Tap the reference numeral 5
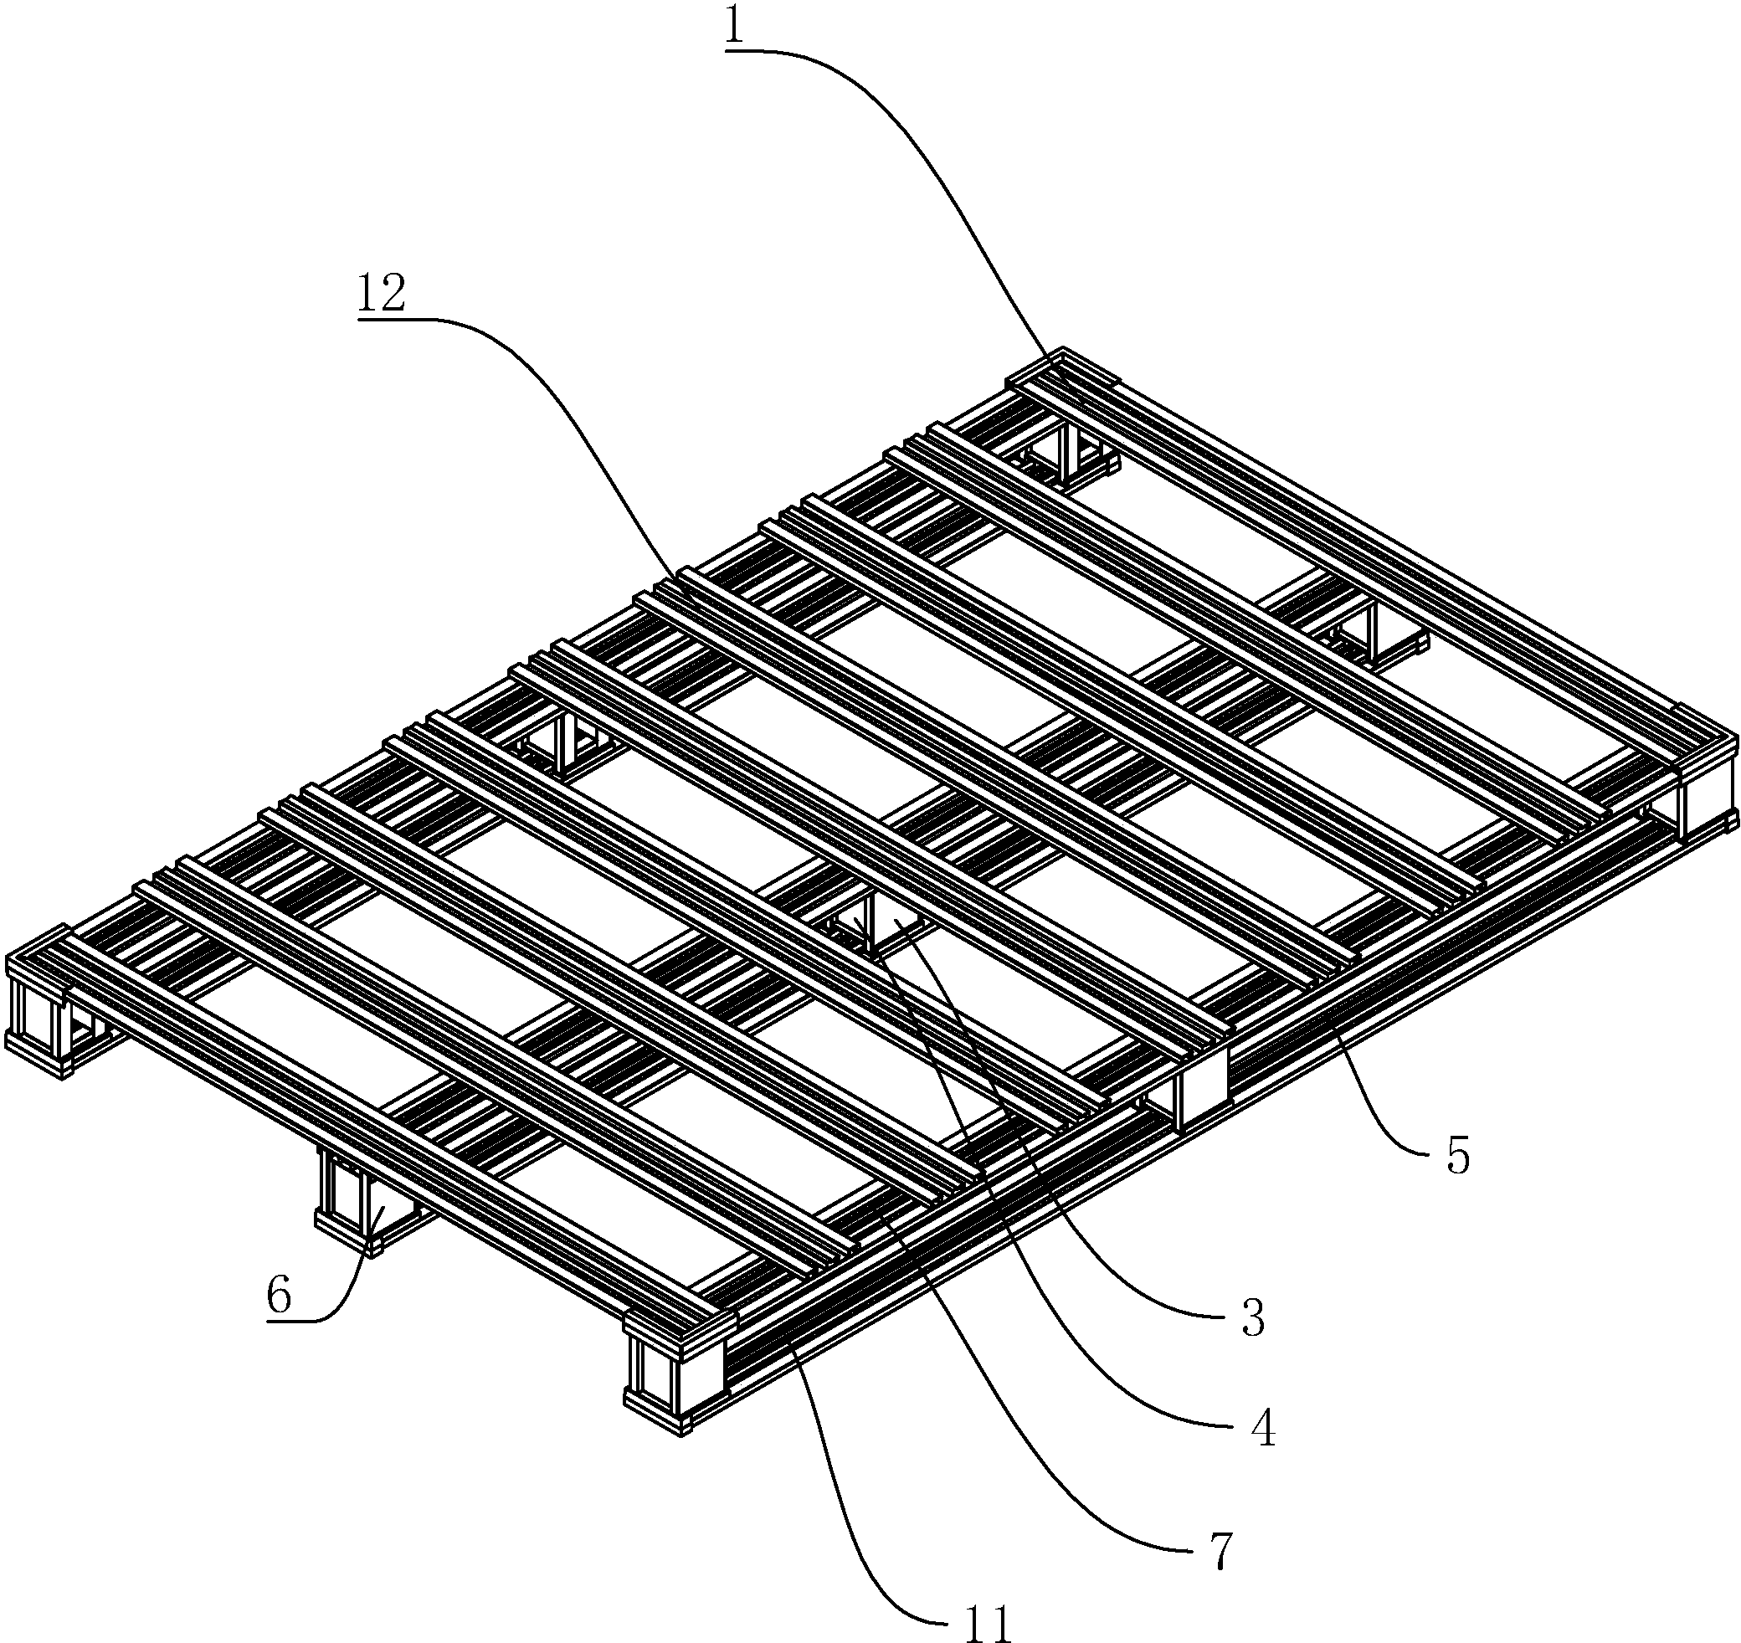click(1457, 1155)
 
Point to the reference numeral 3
click(1253, 1317)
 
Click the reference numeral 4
click(1262, 1430)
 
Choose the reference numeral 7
click(1222, 1550)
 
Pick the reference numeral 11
click(989, 1624)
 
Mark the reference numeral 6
click(279, 1295)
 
